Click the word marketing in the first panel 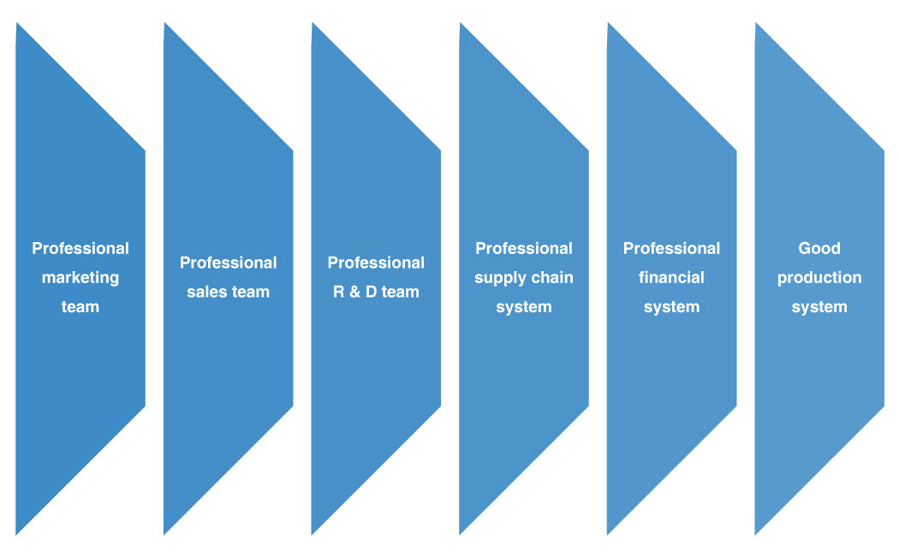tap(80, 278)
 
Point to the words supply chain tap(524, 278)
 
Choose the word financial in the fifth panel tap(671, 278)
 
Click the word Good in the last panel tap(819, 249)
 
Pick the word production tap(819, 278)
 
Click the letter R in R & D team tap(337, 293)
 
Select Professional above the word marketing tap(80, 249)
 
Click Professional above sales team tap(229, 263)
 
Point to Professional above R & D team tap(376, 263)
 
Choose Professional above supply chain tap(524, 249)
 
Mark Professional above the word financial tap(671, 249)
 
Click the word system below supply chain tap(524, 307)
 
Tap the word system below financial tap(671, 307)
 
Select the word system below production tap(819, 307)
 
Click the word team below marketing tap(80, 307)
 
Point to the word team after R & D tap(400, 293)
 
